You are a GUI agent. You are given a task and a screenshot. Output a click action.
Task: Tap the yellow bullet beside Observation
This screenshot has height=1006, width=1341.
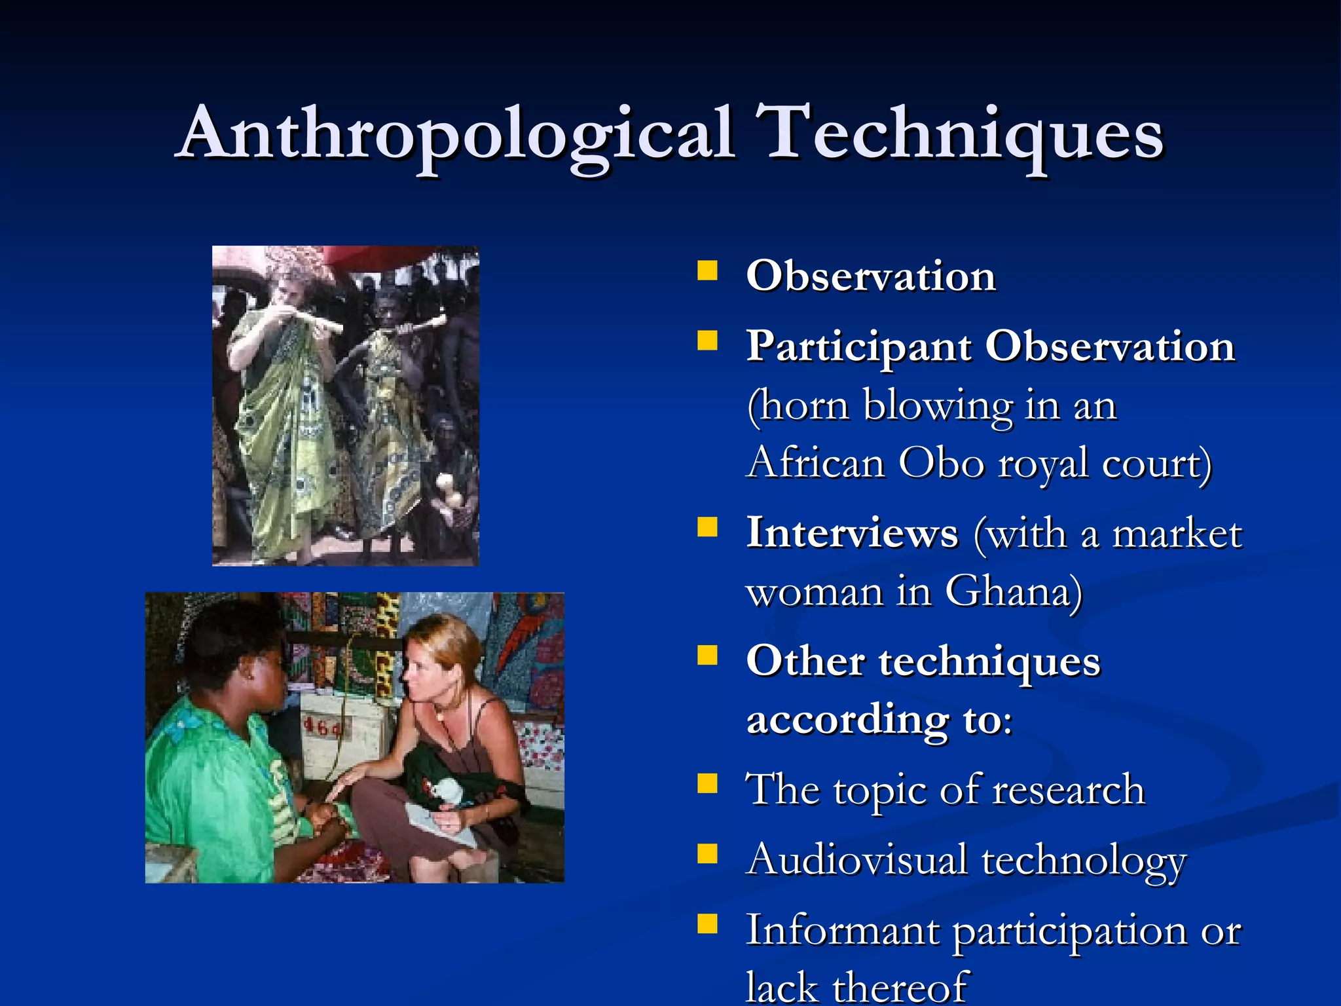click(707, 271)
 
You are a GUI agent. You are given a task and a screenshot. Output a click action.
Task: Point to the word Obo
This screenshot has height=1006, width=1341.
click(941, 463)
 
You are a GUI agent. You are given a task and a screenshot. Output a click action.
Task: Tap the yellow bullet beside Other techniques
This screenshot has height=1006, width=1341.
click(707, 656)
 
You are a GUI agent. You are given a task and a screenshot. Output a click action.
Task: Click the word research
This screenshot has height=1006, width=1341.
click(1068, 790)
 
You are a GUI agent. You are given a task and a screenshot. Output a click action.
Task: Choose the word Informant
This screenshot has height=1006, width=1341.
click(843, 930)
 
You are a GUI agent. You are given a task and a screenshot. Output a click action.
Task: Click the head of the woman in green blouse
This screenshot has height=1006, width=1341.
click(236, 655)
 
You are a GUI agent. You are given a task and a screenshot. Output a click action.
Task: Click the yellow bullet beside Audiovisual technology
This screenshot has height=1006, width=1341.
click(707, 854)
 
